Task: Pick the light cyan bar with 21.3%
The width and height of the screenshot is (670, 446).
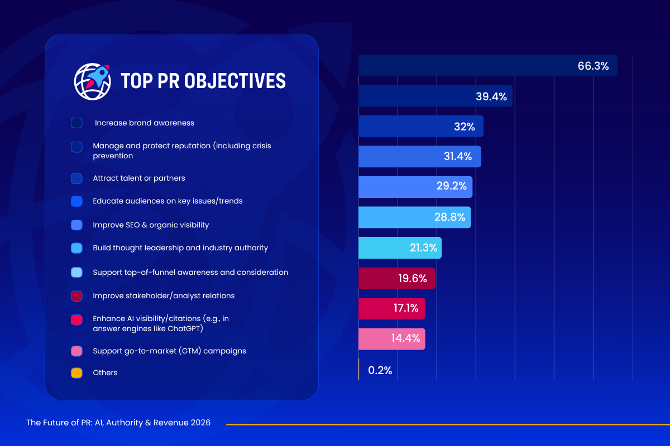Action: click(x=399, y=248)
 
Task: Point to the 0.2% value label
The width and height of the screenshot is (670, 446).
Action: click(x=380, y=370)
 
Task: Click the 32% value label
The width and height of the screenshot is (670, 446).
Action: click(x=464, y=127)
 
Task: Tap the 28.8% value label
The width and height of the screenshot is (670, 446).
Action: click(x=449, y=217)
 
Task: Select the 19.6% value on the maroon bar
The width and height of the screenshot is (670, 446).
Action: click(x=412, y=278)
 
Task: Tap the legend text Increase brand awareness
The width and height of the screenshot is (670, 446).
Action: click(x=145, y=123)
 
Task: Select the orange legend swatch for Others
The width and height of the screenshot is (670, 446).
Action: click(x=76, y=373)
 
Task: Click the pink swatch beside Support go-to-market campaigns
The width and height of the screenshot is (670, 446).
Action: click(x=76, y=351)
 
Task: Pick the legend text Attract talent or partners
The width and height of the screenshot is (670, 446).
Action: click(x=138, y=178)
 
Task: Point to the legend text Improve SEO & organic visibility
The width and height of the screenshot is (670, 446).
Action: click(x=151, y=225)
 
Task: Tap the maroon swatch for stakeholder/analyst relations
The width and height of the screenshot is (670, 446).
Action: click(x=76, y=296)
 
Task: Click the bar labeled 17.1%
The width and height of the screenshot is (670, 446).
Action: click(x=391, y=308)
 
